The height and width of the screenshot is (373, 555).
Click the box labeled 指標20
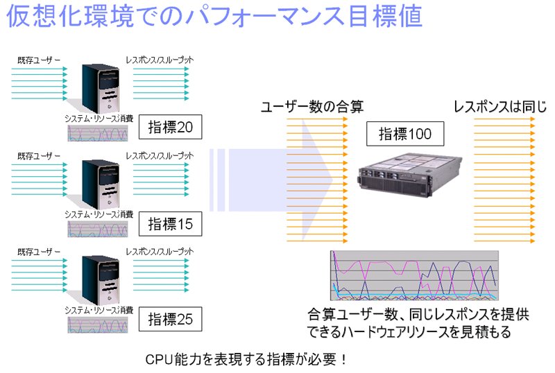point(170,127)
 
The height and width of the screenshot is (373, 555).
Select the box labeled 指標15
point(170,224)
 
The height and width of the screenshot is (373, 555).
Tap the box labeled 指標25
point(170,319)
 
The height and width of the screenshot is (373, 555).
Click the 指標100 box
point(405,134)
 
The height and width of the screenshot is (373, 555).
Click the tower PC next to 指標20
point(100,89)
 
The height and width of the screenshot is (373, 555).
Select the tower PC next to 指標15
point(100,184)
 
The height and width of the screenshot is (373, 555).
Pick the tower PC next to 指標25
point(100,280)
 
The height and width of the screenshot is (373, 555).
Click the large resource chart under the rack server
point(414,276)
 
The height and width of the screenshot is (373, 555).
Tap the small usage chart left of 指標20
point(98,133)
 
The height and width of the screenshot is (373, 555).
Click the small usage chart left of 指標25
point(98,325)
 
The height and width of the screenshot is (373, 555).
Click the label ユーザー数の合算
point(312,107)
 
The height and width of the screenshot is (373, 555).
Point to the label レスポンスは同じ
point(500,107)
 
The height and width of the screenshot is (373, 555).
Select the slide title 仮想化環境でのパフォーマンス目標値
point(214,16)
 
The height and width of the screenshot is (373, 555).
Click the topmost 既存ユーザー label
point(39,60)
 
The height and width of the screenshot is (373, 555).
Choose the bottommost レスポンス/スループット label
point(160,252)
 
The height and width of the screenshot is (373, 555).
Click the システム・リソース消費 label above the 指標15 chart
point(99,214)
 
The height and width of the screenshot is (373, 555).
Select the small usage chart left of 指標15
point(98,229)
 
